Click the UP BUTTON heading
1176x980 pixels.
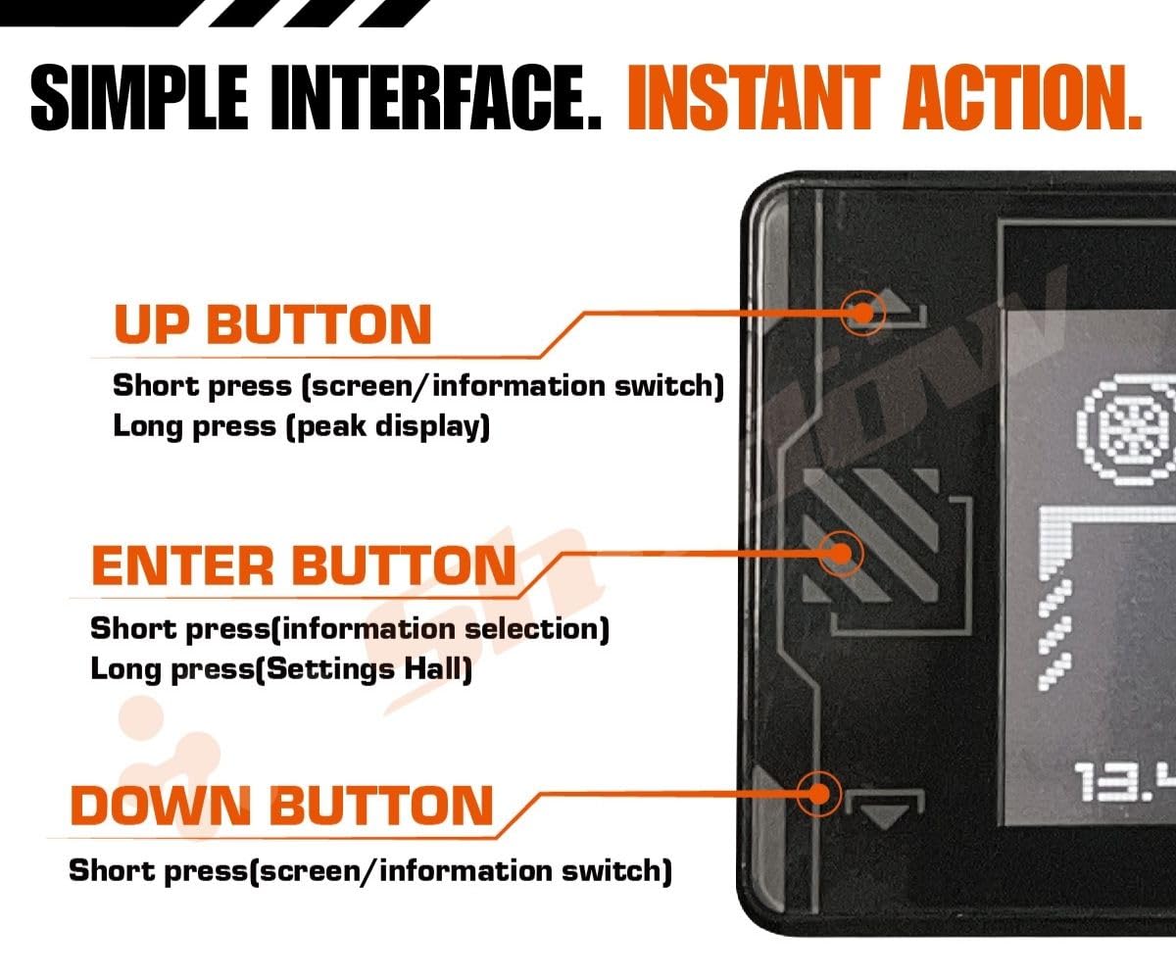(272, 324)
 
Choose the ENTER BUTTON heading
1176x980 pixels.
(303, 565)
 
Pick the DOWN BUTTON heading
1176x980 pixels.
(281, 806)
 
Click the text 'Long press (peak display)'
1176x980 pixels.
(301, 427)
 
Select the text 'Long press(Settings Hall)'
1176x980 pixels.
(281, 670)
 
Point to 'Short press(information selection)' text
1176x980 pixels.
(349, 627)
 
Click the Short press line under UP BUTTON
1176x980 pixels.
(418, 385)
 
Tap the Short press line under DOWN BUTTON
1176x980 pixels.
(370, 869)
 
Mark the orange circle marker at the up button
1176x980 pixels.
(862, 313)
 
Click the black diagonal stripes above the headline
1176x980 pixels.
(294, 12)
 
